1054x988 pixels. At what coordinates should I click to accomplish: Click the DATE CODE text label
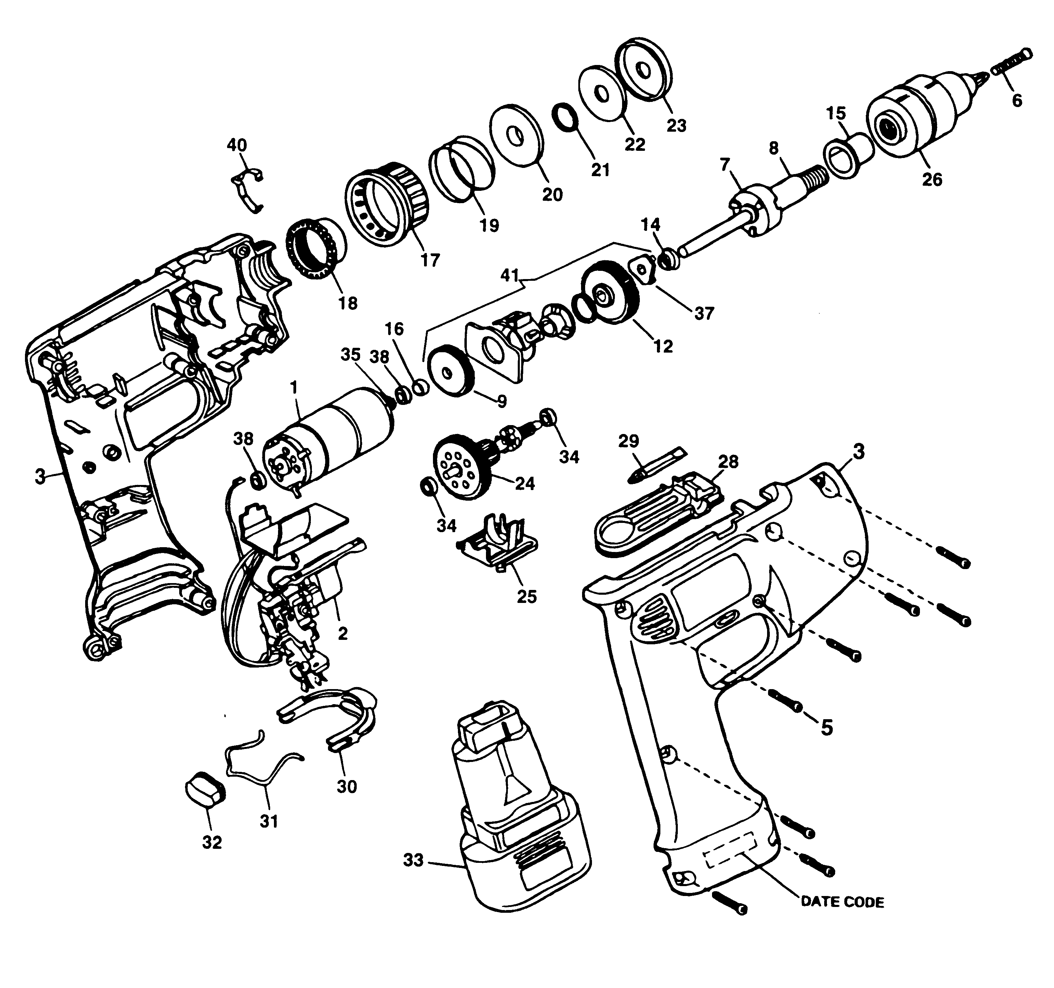click(842, 901)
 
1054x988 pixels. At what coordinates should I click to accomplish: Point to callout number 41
click(510, 276)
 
